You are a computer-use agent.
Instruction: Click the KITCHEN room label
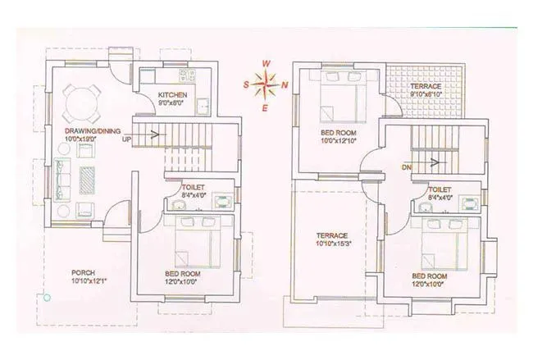(x=172, y=95)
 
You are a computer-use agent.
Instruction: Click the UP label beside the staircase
(x=126, y=139)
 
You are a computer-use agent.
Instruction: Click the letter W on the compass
(x=265, y=62)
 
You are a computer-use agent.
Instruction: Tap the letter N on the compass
(x=285, y=84)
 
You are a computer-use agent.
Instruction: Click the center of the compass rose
(x=265, y=84)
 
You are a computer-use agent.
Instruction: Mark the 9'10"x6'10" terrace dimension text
(x=426, y=94)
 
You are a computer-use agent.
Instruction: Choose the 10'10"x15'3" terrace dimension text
(x=333, y=244)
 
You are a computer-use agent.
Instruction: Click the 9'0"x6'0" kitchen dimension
(x=172, y=104)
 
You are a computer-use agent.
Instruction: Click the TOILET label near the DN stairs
(x=439, y=189)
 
